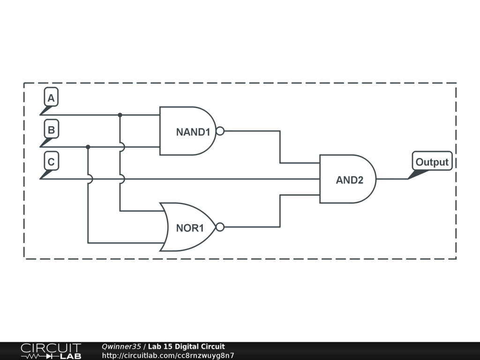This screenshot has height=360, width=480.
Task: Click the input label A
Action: pos(51,97)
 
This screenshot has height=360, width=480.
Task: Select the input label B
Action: pos(51,130)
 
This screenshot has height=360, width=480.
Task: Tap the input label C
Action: pos(51,162)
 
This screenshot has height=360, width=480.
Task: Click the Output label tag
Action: pos(432,162)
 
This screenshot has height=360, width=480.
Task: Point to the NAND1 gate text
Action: pos(193,132)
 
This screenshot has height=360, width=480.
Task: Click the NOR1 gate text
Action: pos(190,228)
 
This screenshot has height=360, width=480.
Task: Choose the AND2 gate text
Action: pos(349,180)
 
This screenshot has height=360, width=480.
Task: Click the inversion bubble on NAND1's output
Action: pos(220,131)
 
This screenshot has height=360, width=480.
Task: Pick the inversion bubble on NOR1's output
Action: pos(220,227)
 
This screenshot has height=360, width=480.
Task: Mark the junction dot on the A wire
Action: pos(120,115)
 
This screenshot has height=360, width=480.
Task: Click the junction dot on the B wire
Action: pos(88,147)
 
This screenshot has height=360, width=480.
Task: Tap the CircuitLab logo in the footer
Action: pos(50,351)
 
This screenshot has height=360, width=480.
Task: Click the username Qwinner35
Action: pos(121,347)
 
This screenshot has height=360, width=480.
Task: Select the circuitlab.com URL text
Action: pos(168,355)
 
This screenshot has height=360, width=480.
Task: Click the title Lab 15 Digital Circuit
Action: pos(187,347)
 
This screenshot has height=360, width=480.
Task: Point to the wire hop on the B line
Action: pos(122,147)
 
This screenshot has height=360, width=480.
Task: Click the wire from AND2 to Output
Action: pos(392,179)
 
